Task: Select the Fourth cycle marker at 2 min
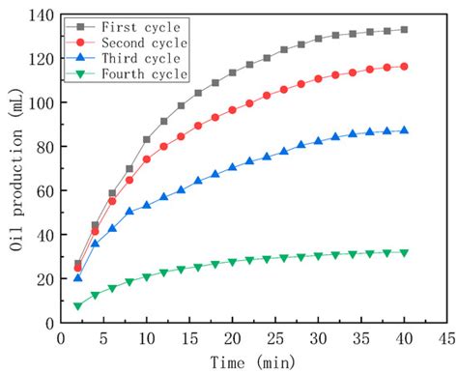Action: (78, 306)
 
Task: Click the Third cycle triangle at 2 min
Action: (78, 277)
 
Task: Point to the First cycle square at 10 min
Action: (147, 139)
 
